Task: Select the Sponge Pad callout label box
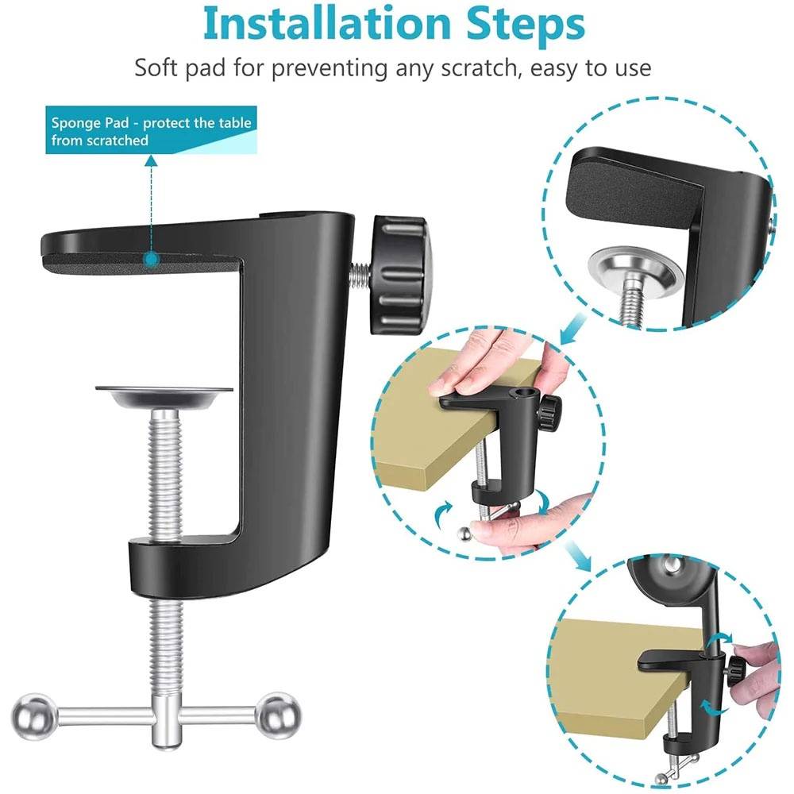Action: pyautogui.click(x=151, y=131)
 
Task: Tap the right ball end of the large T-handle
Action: pyautogui.click(x=280, y=714)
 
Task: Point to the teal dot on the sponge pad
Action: pyautogui.click(x=149, y=259)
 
